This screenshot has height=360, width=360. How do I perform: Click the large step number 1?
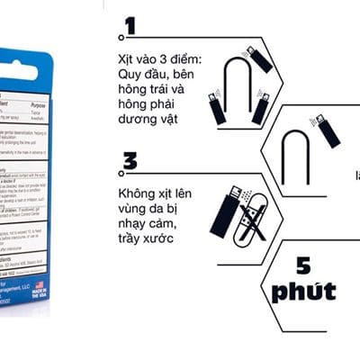(x=131, y=26)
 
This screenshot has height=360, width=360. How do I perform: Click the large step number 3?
(x=130, y=163)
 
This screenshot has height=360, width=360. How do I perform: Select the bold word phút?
(x=303, y=292)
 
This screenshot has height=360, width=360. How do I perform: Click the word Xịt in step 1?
(x=127, y=59)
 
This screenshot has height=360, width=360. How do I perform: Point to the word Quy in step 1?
(x=131, y=76)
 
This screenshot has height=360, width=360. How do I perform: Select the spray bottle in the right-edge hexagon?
(x=329, y=130)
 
